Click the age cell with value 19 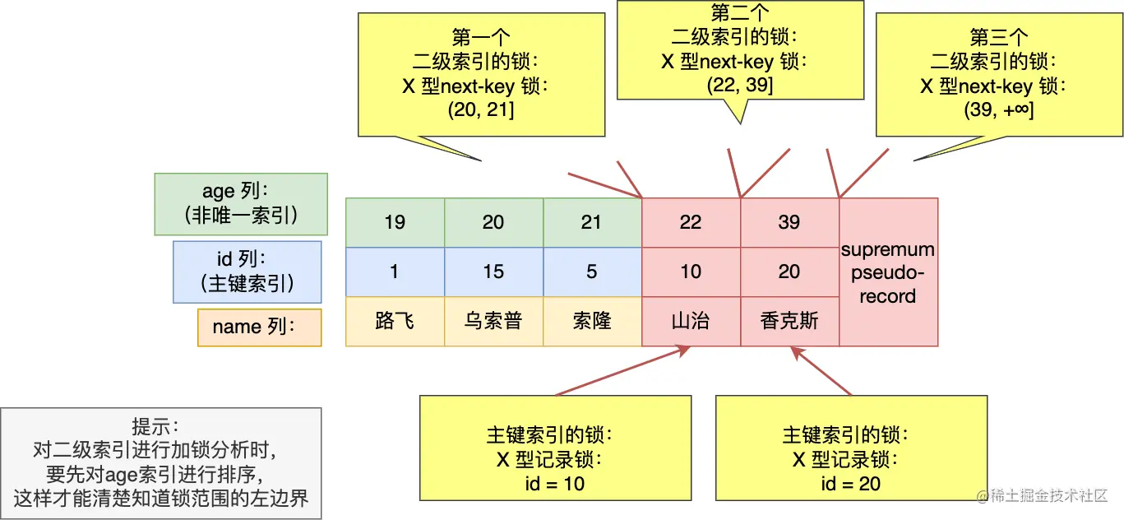395,222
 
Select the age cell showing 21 592,222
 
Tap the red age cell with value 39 789,222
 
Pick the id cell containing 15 493,272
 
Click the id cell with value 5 592,272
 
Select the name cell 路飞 395,321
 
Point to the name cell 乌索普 493,321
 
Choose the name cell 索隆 592,321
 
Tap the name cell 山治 691,321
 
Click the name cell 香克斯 789,321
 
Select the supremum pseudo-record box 888,272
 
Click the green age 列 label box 241,203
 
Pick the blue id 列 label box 247,272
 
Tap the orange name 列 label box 259,327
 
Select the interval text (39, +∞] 998,110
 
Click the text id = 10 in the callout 554,484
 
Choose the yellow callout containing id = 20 850,448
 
